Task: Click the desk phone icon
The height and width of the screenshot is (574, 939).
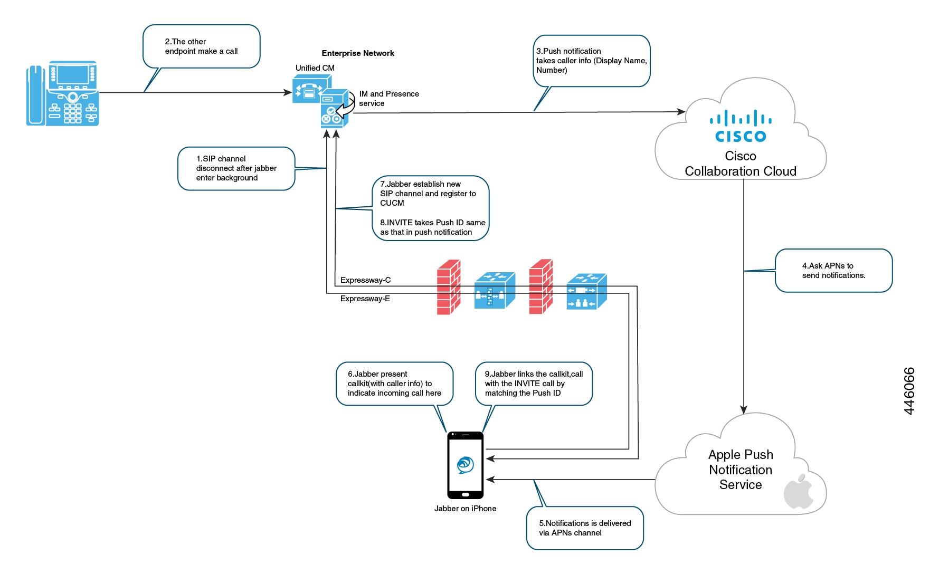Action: (62, 93)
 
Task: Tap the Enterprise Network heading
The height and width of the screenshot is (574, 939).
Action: (358, 53)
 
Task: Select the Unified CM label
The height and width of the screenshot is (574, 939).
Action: (315, 68)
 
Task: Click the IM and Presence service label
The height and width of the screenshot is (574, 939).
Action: (388, 99)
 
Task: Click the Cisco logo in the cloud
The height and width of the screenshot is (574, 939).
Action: (740, 127)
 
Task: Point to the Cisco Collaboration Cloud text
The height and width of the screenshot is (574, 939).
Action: (740, 164)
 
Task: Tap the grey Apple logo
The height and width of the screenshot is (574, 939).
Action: (798, 492)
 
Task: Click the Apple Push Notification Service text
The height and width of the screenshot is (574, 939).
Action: (740, 470)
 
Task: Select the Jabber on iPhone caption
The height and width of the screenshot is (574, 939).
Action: (465, 509)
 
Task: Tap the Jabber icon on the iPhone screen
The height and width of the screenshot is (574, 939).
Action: (465, 465)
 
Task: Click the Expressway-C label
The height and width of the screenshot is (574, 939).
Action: (365, 280)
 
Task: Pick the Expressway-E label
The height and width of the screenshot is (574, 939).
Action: (365, 299)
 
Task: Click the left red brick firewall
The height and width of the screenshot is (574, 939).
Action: (449, 287)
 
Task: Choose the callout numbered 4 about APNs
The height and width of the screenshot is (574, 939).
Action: (833, 271)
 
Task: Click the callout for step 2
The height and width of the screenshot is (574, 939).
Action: (201, 46)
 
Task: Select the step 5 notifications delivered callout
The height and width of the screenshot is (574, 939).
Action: (584, 528)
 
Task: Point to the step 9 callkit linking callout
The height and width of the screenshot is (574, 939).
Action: (534, 384)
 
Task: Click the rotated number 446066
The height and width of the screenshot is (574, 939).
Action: (909, 391)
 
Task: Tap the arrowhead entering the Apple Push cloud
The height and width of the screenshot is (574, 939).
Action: (744, 409)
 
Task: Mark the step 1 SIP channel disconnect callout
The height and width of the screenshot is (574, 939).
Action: (236, 168)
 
